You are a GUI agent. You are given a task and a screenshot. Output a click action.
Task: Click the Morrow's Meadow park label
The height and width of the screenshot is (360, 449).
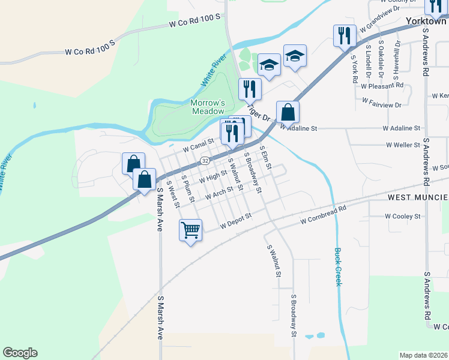[208, 107]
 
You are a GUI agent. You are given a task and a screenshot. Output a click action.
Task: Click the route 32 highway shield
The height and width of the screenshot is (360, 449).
[205, 161]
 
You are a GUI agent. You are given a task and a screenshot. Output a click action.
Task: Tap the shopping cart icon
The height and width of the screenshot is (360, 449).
[190, 229]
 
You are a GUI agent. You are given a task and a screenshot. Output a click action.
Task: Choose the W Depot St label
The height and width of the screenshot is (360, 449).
[235, 224]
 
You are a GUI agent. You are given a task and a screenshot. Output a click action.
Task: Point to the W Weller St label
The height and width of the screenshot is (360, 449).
[403, 145]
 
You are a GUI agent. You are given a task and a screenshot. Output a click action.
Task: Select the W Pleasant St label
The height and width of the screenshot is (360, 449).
[382, 86]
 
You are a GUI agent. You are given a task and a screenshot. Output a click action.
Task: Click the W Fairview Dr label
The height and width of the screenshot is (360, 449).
[381, 105]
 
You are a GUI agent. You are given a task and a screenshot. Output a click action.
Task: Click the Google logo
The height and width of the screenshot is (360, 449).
[20, 353]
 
